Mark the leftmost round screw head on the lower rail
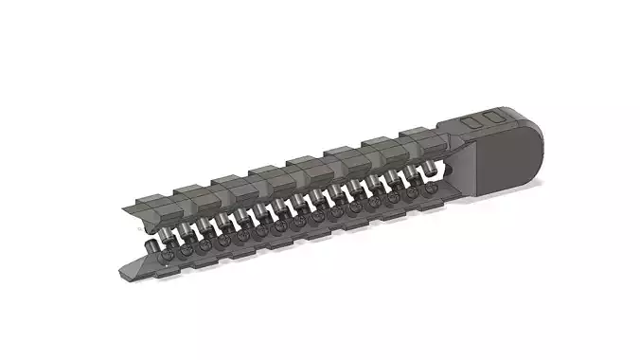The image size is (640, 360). tap(168, 256)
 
